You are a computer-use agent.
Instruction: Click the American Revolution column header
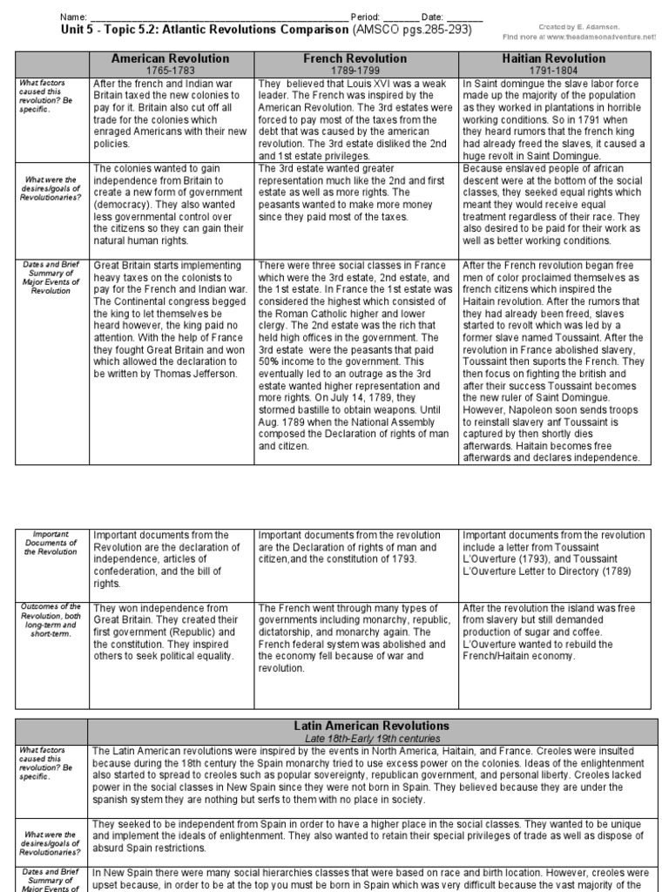[170, 58]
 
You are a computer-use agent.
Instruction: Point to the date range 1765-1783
[170, 69]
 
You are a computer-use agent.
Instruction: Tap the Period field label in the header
[366, 17]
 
